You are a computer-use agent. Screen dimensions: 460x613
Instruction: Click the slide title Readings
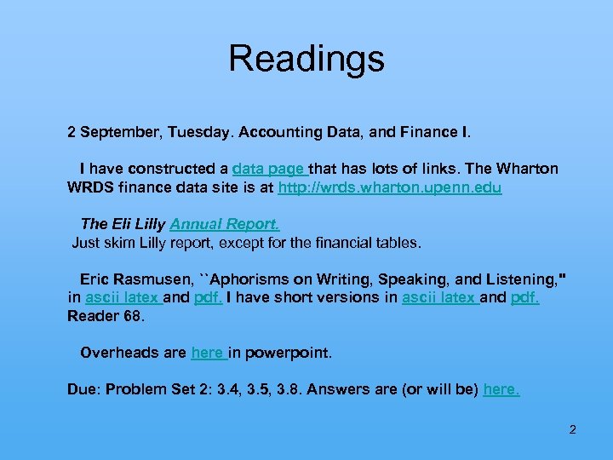306,60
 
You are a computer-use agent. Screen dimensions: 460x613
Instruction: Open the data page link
268,169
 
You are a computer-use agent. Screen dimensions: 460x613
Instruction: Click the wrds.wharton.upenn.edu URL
390,187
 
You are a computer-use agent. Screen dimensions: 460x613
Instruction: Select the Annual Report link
225,224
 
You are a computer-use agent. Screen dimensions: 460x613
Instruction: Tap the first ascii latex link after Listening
122,298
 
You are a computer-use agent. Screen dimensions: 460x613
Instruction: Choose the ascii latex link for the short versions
438,298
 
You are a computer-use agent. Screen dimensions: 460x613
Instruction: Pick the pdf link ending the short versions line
524,298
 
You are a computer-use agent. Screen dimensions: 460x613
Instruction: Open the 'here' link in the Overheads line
207,353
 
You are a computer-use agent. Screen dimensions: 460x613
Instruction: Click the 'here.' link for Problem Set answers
501,389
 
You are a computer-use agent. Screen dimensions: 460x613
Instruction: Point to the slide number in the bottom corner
572,429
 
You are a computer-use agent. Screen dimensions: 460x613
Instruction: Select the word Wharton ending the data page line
528,169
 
